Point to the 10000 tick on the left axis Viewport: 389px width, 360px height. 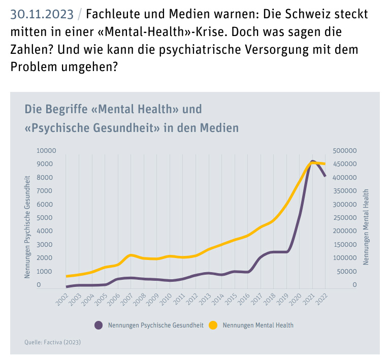tap(46, 151)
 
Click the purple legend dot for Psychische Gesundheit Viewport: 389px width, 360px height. tap(99, 325)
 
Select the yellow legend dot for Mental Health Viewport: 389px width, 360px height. tap(213, 325)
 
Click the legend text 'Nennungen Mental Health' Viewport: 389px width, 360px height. tap(258, 325)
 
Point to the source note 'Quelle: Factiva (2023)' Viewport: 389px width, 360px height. tap(52, 342)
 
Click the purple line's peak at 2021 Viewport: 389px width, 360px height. tap(313, 162)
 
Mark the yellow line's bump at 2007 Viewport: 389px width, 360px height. tap(131, 255)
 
